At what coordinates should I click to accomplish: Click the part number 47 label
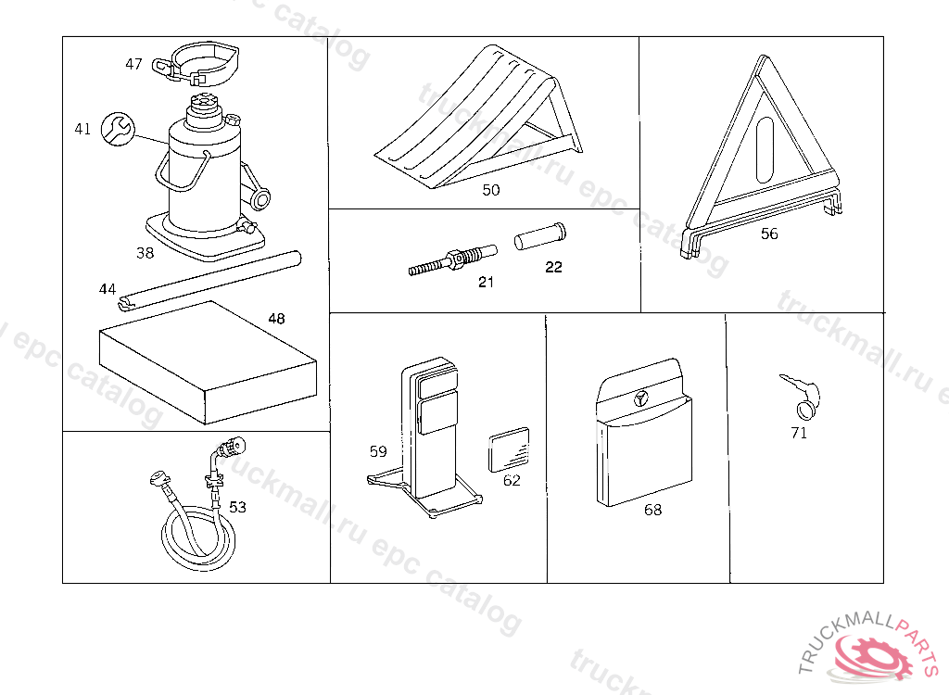134,64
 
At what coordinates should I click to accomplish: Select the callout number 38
145,252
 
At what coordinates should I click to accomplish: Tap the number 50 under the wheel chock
491,190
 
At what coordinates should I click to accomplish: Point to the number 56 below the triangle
769,234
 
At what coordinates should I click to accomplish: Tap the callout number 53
238,507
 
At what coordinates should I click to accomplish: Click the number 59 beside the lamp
378,452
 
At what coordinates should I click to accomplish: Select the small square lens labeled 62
509,449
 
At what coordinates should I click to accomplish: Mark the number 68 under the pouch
652,510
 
